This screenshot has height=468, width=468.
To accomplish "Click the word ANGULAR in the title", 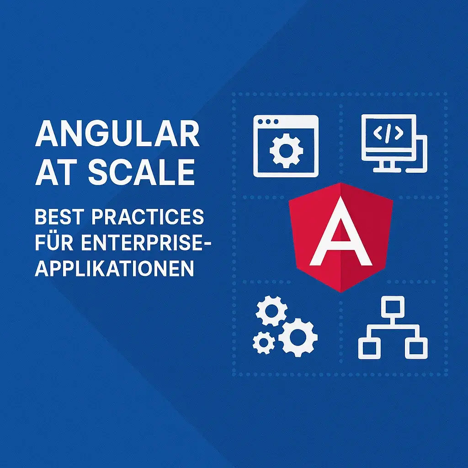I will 117,134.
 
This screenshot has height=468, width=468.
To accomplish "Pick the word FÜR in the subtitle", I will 55,243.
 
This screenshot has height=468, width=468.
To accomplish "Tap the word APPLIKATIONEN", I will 114,268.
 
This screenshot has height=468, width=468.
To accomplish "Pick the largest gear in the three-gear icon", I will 298,337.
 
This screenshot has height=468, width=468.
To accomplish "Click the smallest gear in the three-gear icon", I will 264,342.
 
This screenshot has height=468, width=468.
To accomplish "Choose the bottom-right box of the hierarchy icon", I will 416,348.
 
